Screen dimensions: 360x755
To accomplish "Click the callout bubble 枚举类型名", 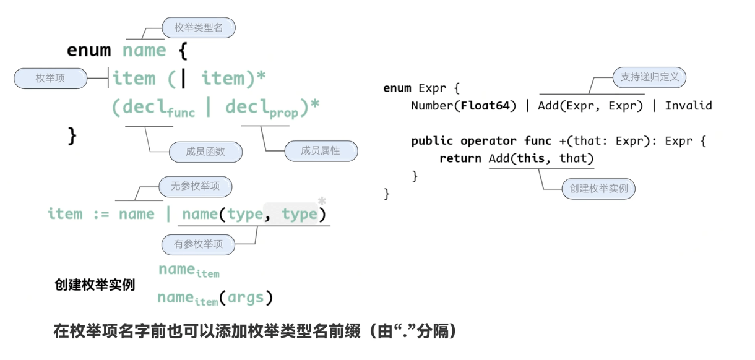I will click(199, 28).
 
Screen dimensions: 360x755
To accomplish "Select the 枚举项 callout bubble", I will click(50, 78).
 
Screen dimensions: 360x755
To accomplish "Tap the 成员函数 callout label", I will click(205, 152).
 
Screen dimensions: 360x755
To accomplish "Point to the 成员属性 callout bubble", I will click(321, 150).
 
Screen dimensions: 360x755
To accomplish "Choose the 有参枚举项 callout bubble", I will click(198, 244).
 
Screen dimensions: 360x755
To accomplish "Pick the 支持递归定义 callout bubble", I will click(649, 77).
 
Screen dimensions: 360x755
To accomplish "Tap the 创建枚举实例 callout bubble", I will click(598, 189).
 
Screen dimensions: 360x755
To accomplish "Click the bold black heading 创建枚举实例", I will click(95, 286).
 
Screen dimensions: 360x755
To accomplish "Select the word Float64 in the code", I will click(488, 106).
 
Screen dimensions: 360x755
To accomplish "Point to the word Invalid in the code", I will click(688, 106).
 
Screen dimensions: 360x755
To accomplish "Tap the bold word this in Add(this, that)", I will click(530, 158).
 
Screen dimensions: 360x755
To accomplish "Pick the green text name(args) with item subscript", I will click(215, 298).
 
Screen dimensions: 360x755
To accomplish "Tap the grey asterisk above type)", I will click(322, 201).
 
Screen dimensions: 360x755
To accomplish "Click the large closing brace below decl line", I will click(72, 135).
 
